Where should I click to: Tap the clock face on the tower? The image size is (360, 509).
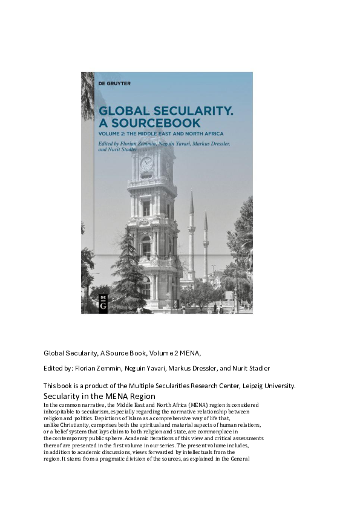pos(147,163)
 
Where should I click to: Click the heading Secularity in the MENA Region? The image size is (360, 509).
pos(99,396)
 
